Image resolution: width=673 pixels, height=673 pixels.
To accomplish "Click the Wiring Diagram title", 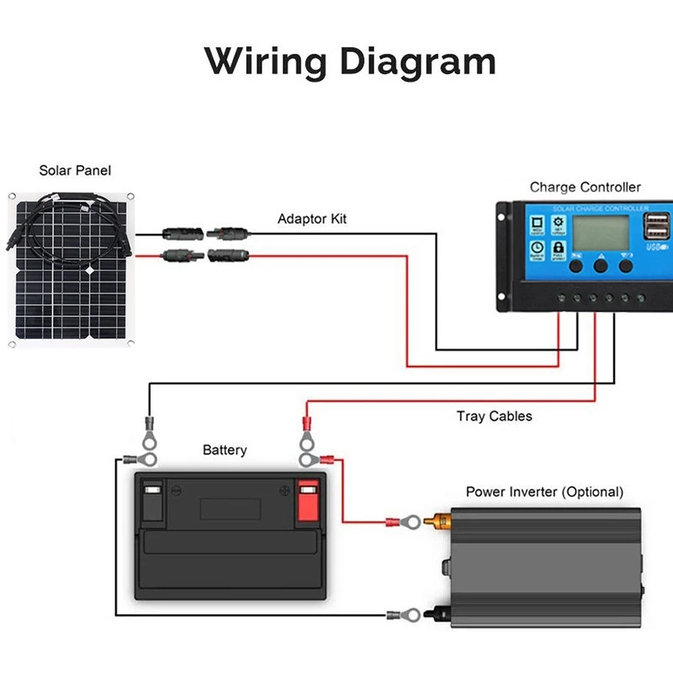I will point(349,61).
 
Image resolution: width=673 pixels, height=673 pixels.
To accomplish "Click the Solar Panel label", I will point(75,170).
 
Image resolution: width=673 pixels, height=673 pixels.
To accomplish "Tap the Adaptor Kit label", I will point(312,219).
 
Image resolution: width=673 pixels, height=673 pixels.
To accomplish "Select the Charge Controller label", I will point(585,187).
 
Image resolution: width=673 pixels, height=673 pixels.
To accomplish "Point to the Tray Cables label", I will point(495,416).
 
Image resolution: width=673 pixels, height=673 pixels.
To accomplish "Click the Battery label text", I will point(225,450).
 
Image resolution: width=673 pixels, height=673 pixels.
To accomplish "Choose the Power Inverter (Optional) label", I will point(544,491).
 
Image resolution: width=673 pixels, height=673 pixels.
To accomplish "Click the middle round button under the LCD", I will point(601,265).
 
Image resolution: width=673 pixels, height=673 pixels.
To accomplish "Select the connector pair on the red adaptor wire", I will point(202,253).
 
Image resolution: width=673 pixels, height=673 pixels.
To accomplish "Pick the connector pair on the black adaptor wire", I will point(202,230).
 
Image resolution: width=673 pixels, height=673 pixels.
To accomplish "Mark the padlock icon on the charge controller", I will point(558,247).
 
